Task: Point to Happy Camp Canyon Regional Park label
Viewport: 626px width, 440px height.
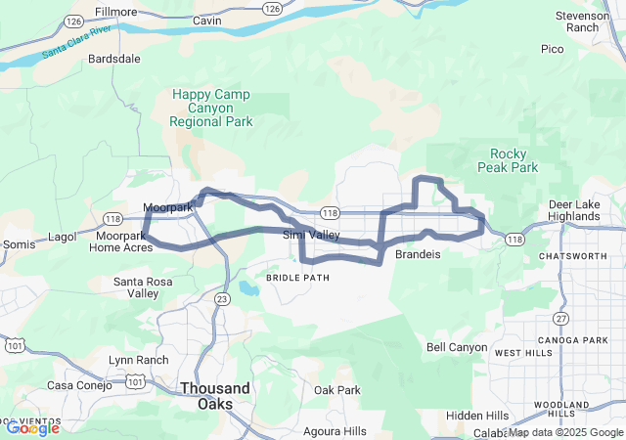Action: coord(211,109)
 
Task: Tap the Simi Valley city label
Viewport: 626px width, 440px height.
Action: coord(311,236)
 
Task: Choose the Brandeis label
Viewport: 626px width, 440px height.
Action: coord(419,254)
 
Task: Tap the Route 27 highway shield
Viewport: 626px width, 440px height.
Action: coord(560,318)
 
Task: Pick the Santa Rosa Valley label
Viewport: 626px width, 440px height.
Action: coord(150,287)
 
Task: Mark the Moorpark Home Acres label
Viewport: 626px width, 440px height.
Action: coord(124,242)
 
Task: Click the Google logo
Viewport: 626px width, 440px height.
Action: coord(31,427)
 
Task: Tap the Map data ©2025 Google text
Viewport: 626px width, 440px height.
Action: coord(564,432)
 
